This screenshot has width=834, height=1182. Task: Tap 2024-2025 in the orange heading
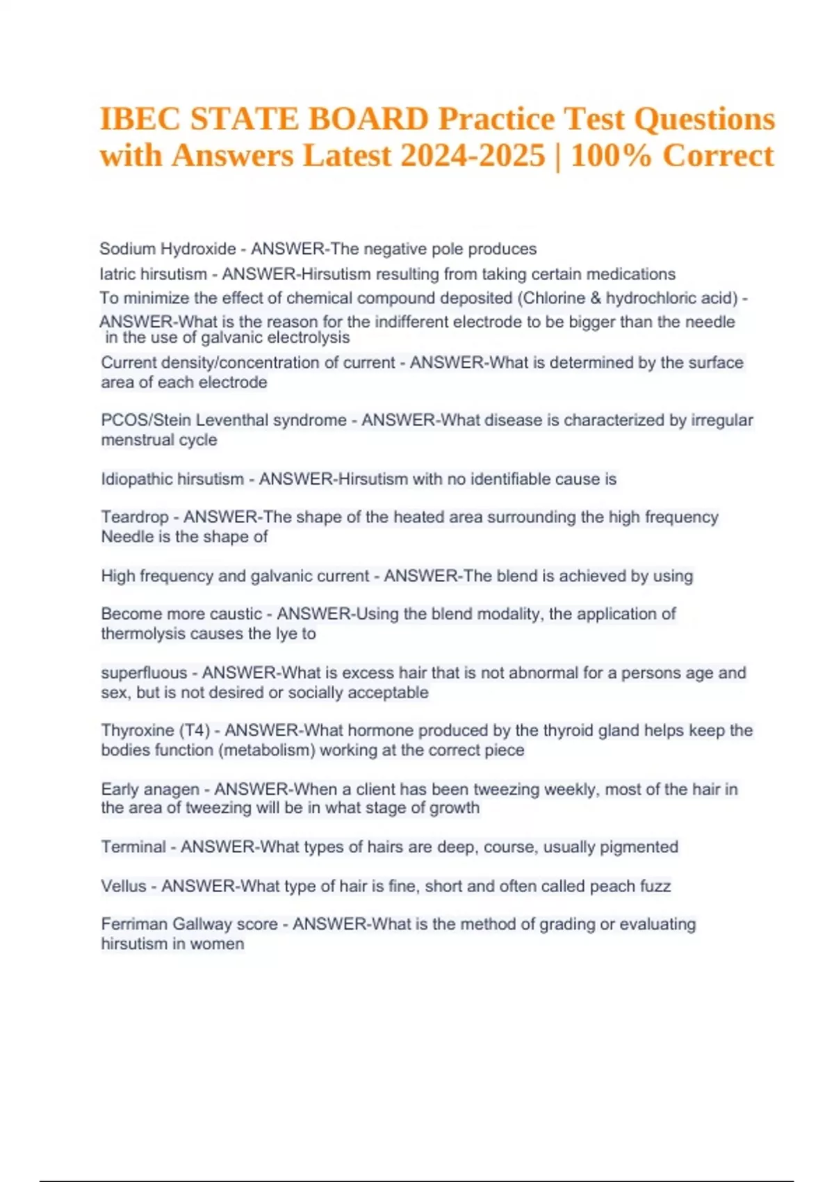point(473,155)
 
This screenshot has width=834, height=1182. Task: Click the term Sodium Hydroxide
point(167,249)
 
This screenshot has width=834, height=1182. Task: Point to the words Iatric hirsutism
point(153,274)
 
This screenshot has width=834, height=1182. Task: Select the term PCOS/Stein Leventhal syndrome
point(224,420)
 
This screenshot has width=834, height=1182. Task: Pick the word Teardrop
point(135,517)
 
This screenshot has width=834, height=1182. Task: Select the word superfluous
point(144,673)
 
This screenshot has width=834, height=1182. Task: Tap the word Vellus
point(124,886)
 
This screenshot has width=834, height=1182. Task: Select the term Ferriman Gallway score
point(190,924)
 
